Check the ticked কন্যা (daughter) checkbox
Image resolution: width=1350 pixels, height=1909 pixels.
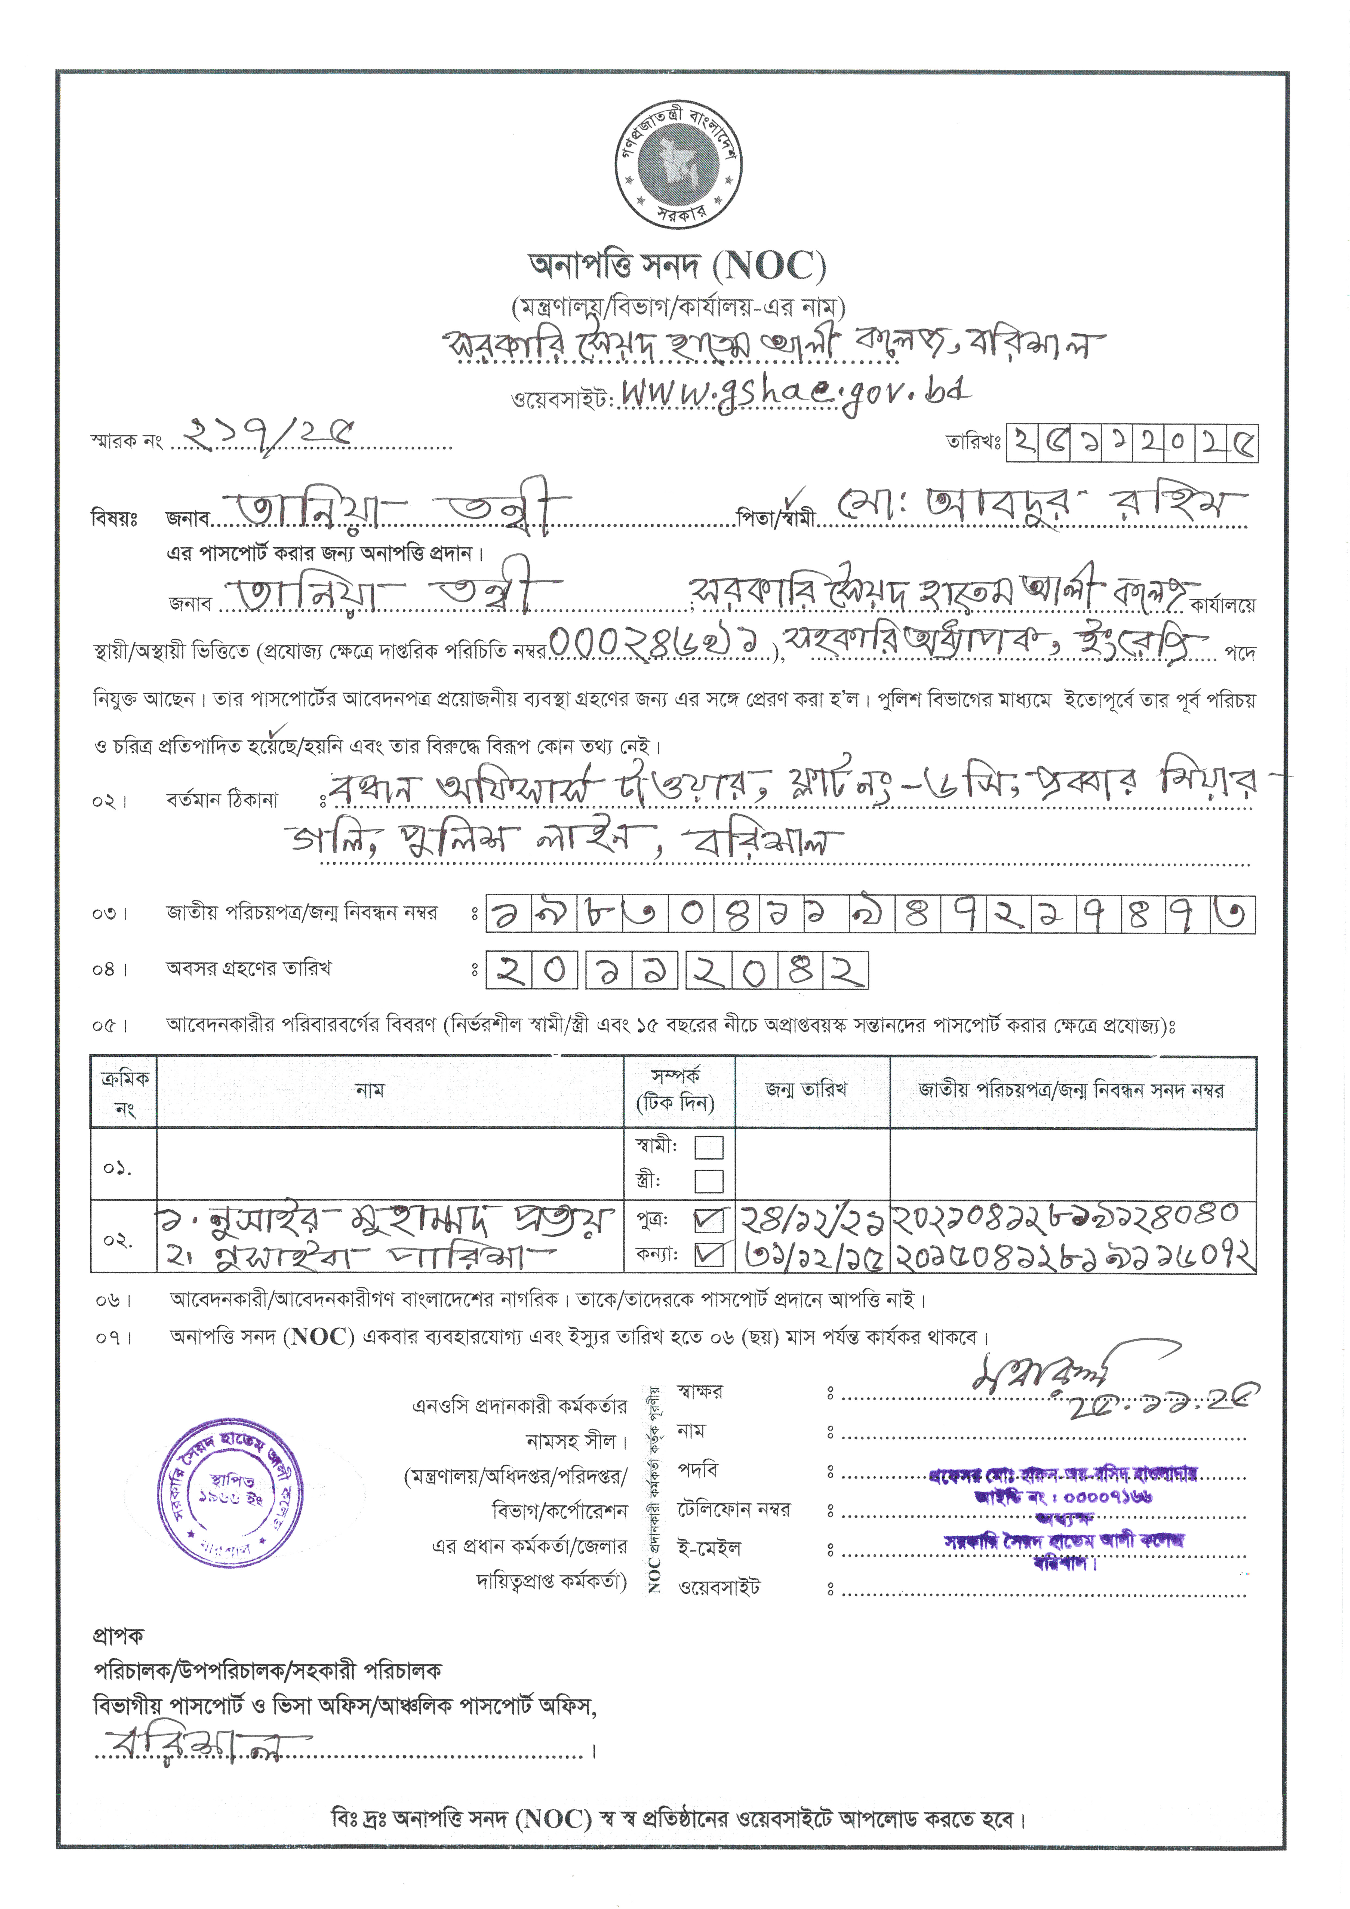pos(708,1254)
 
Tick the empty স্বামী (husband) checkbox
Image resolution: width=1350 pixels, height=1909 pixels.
pos(708,1147)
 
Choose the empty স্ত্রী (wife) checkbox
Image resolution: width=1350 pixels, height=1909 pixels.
pos(708,1181)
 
